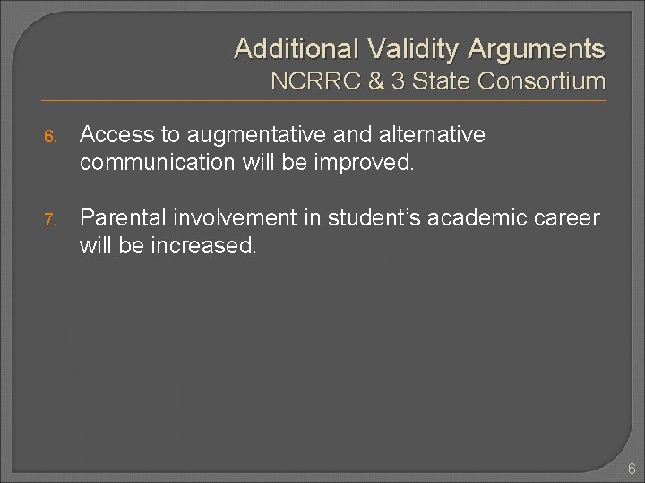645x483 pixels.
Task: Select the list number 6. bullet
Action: (51, 136)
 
